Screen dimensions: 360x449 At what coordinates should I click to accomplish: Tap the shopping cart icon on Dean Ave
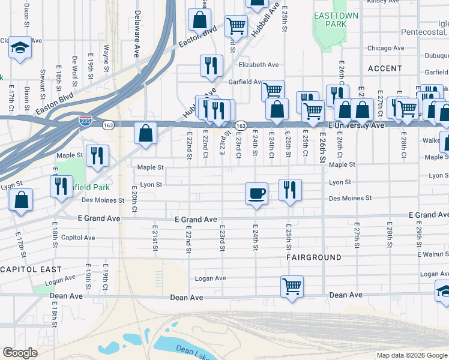292,286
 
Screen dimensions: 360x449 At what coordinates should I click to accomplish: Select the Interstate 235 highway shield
86,121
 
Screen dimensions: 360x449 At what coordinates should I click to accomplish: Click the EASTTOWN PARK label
330,20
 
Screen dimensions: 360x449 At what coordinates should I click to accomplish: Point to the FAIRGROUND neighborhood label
313,257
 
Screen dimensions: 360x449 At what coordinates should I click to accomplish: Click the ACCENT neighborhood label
385,69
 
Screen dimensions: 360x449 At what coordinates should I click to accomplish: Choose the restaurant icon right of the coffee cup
290,190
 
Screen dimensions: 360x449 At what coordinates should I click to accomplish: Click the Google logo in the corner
20,352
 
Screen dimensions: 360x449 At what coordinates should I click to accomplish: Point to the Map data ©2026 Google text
412,355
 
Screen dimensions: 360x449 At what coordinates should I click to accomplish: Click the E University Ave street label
356,125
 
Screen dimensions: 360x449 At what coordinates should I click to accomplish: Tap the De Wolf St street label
74,69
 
